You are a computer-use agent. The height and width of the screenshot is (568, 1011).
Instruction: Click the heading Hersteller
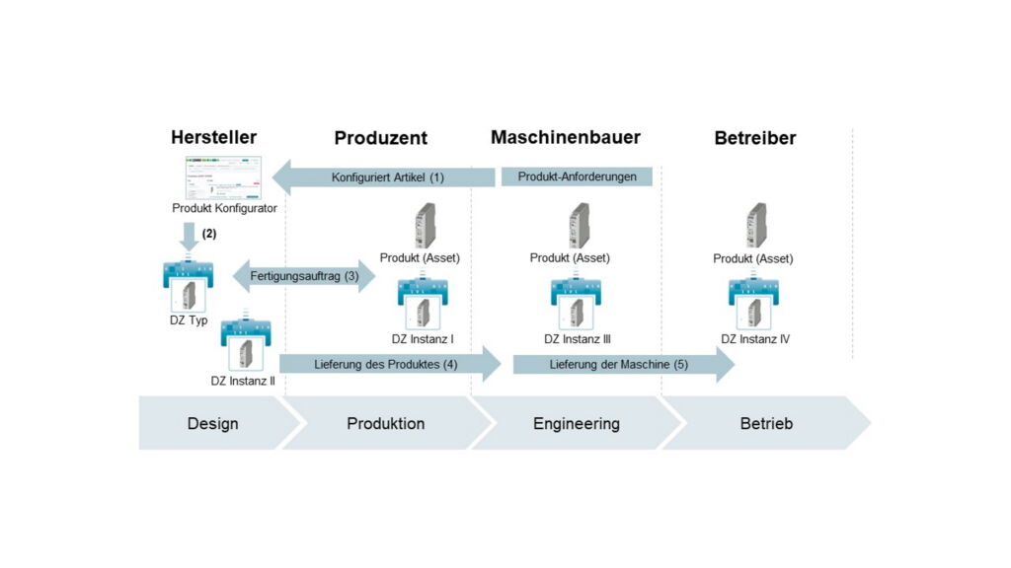[x=213, y=137]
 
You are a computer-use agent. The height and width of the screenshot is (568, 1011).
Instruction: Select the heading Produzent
[x=380, y=138]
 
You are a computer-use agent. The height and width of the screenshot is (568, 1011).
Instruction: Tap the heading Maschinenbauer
[x=565, y=137]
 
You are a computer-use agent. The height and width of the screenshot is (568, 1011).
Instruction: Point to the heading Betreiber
[x=754, y=138]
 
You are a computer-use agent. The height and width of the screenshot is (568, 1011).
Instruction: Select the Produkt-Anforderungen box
[x=577, y=177]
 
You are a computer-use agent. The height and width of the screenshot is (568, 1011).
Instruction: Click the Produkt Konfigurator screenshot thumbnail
[x=224, y=177]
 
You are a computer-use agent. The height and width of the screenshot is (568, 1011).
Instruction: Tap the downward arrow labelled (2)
[x=188, y=238]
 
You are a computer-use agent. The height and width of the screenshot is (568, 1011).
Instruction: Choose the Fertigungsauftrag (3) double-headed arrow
[x=304, y=277]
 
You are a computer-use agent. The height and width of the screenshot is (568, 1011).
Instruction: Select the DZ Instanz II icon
[x=247, y=345]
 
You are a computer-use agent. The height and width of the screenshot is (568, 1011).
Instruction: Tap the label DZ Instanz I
[x=423, y=339]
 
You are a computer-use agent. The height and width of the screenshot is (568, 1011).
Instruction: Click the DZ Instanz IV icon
[x=755, y=304]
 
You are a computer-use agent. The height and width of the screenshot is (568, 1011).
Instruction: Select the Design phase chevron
[x=214, y=423]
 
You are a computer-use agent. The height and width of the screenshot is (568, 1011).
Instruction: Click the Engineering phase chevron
[x=577, y=423]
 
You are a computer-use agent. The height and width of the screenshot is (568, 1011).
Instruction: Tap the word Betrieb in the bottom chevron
[x=766, y=423]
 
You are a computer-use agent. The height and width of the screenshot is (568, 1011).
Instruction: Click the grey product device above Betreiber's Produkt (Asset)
[x=756, y=225]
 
